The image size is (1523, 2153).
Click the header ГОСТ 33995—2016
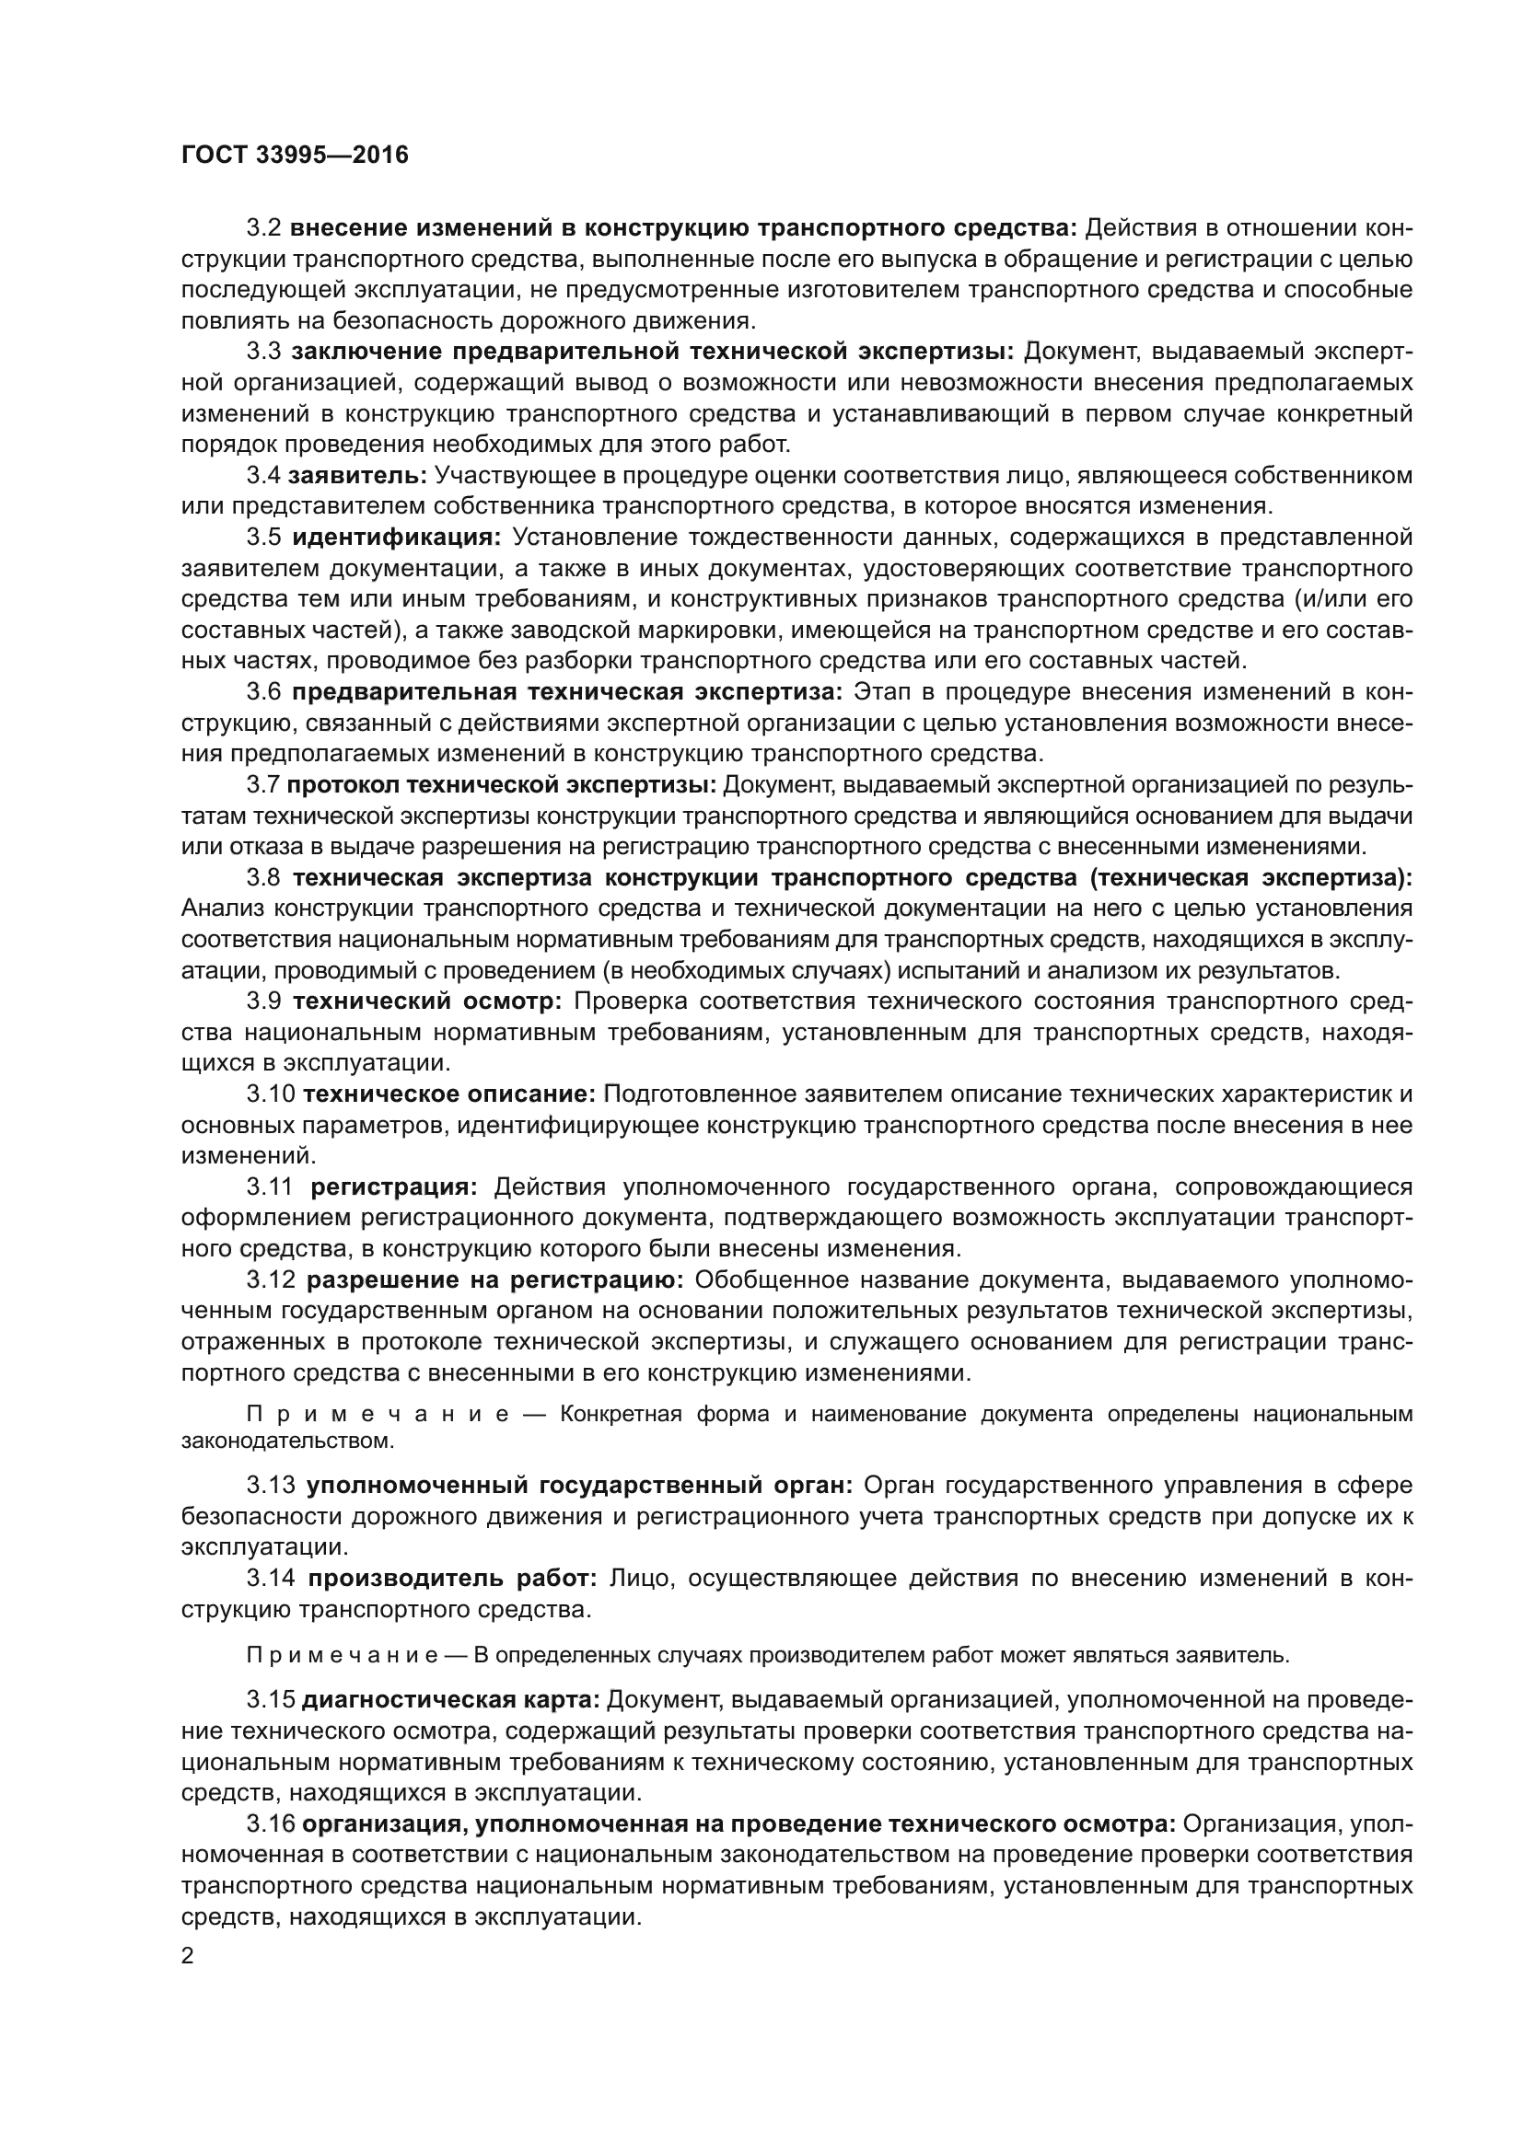[x=295, y=156]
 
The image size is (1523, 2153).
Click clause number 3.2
[x=263, y=228]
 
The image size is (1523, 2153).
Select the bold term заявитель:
[x=357, y=475]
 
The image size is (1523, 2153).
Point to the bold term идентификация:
[x=397, y=538]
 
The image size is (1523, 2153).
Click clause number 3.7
[x=263, y=785]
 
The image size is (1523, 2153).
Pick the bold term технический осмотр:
[x=426, y=1001]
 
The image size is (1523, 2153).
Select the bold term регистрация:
[x=394, y=1187]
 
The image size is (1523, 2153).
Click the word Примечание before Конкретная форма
[x=377, y=1414]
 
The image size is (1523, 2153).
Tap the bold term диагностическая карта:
[x=451, y=1700]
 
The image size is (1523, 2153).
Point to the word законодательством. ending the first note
[x=288, y=1441]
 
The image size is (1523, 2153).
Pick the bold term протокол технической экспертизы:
[x=502, y=785]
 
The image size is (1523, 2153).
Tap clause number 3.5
[x=263, y=538]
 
